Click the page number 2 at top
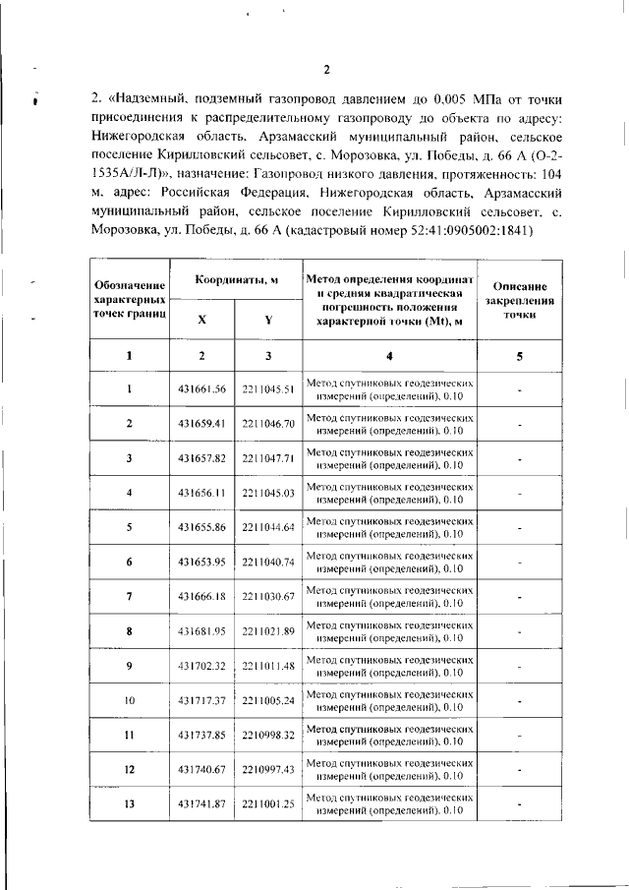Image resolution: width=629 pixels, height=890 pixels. tap(327, 68)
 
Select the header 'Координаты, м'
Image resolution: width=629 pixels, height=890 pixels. tap(235, 279)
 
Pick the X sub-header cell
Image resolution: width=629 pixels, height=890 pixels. tap(201, 320)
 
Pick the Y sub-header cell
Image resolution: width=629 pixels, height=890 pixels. tap(268, 320)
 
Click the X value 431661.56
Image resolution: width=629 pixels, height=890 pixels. tap(201, 388)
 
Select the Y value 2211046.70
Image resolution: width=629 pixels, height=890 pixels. tap(268, 423)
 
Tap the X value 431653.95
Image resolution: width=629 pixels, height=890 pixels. tap(201, 562)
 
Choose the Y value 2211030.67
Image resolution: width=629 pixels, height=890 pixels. tap(268, 596)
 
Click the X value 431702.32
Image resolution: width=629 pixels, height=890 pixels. tap(201, 666)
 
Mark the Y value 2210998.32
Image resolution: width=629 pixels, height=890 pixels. tap(268, 735)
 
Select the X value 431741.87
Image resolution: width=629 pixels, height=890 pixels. tap(201, 803)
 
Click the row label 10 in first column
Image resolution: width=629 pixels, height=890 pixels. tap(130, 700)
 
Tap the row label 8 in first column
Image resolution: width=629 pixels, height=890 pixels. tap(130, 630)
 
